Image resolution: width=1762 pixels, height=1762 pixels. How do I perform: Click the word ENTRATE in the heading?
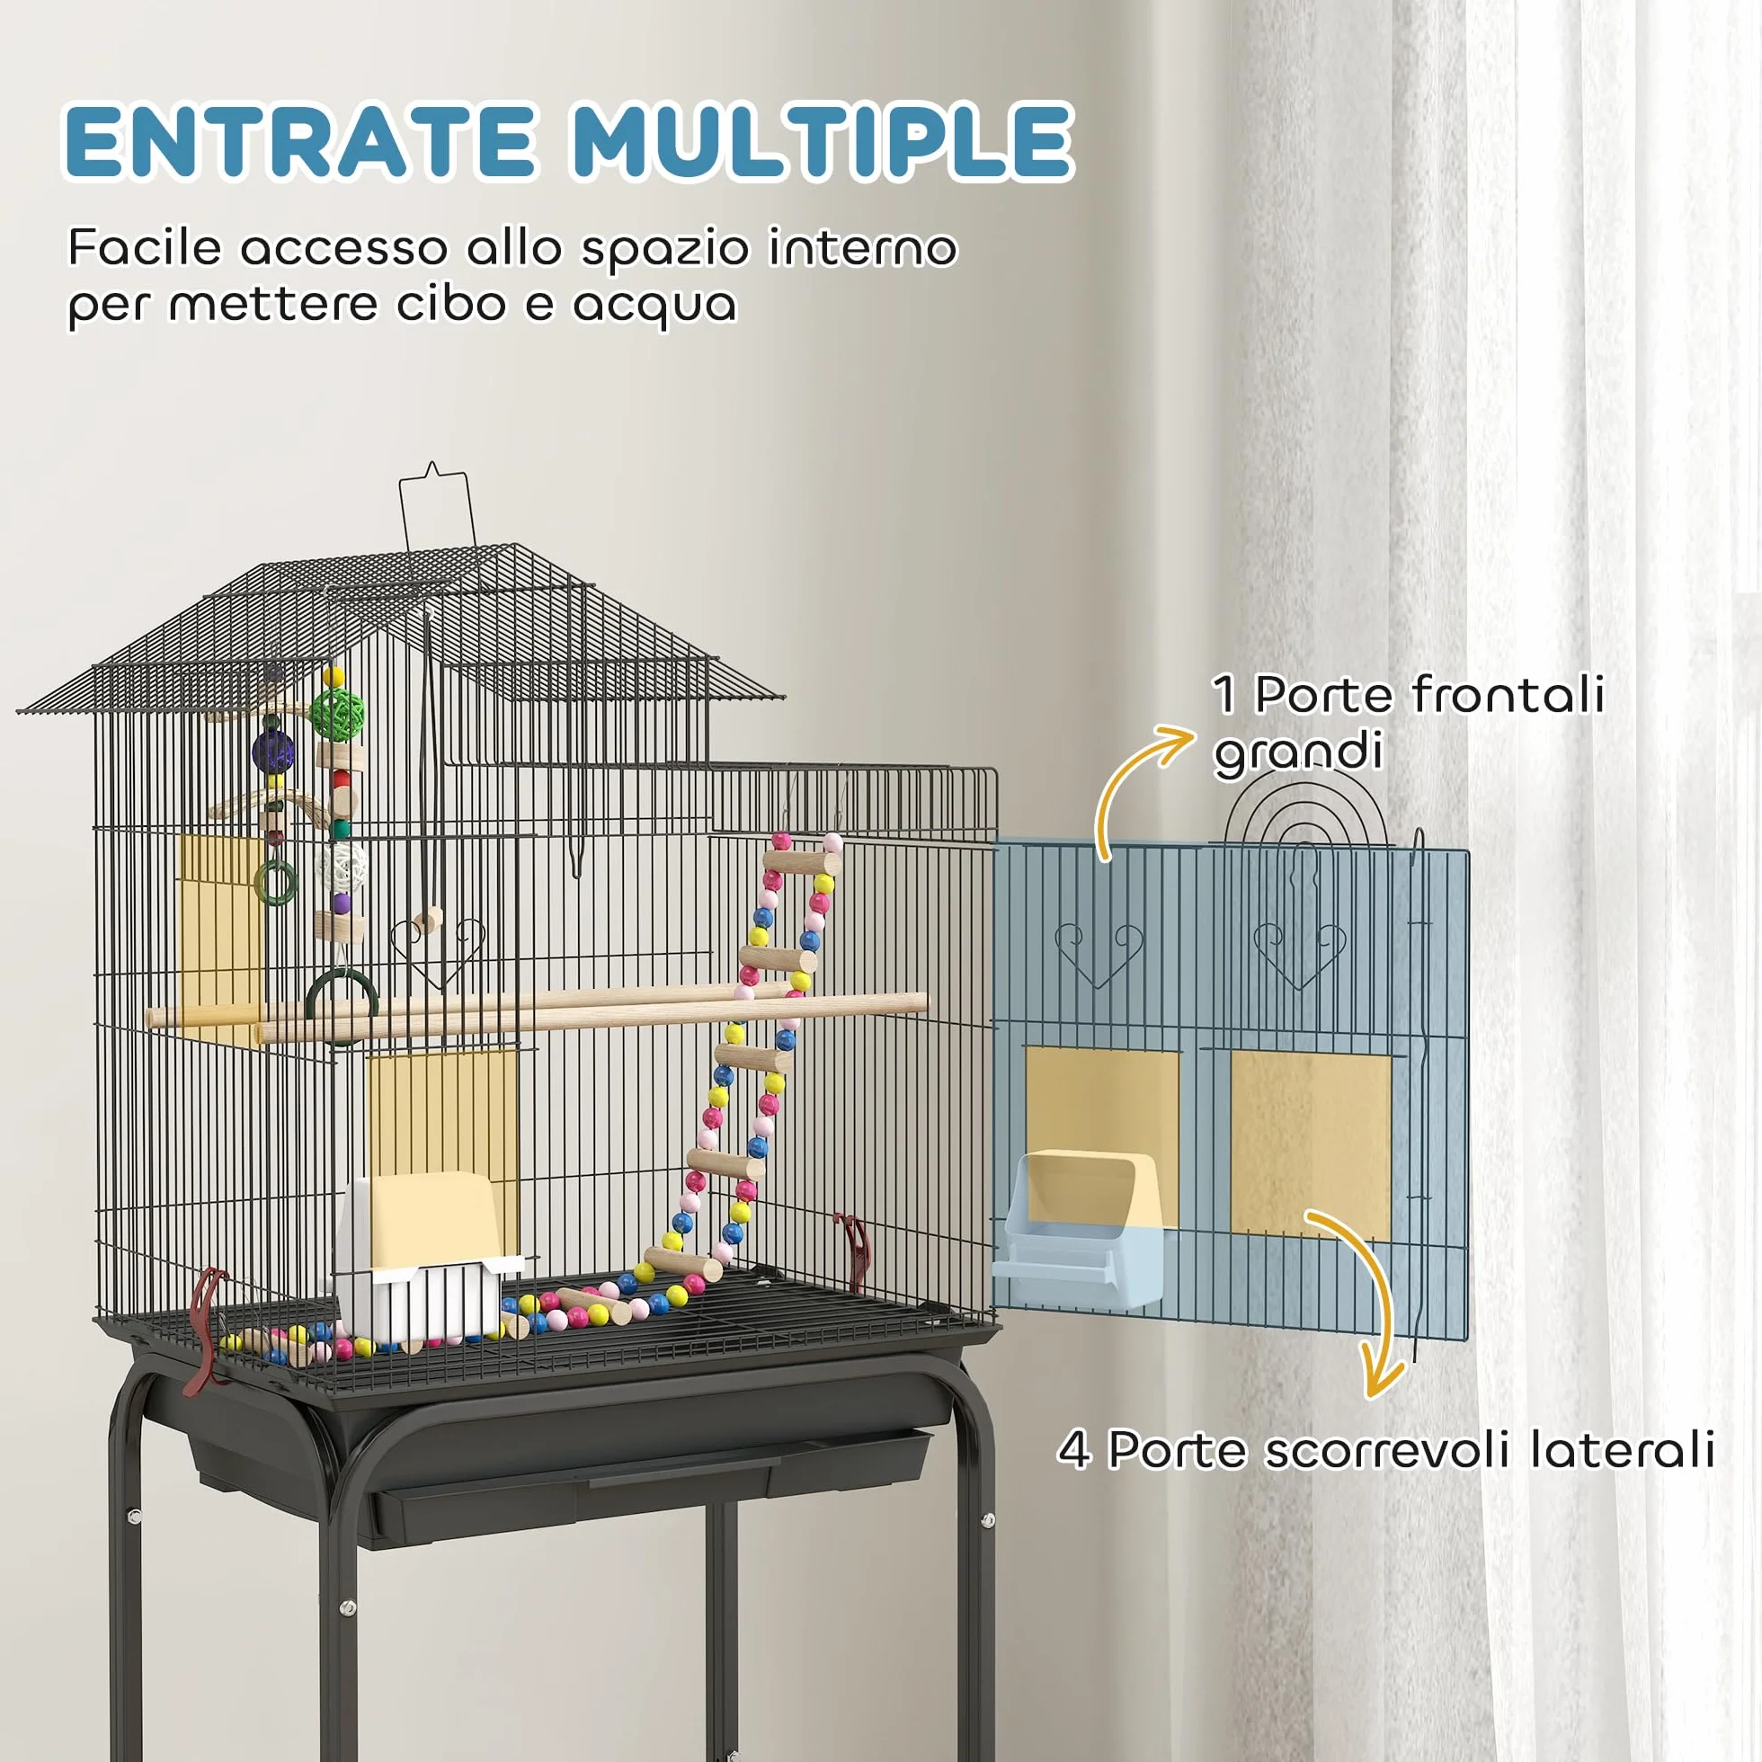pyautogui.click(x=300, y=140)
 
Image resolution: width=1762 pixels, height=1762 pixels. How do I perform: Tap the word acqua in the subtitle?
pyautogui.click(x=654, y=306)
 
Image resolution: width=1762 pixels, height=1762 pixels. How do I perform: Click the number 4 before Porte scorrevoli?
pyautogui.click(x=1074, y=1450)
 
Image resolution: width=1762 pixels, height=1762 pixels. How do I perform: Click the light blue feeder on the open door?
pyautogui.click(x=1076, y=1226)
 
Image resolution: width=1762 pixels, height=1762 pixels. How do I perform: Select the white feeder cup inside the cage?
pyautogui.click(x=425, y=1254)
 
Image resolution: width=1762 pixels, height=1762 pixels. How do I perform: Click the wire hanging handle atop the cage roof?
pyautogui.click(x=436, y=506)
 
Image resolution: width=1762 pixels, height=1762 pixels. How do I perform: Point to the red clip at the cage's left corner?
pyautogui.click(x=206, y=1330)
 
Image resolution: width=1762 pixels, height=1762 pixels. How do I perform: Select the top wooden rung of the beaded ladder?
pyautogui.click(x=802, y=862)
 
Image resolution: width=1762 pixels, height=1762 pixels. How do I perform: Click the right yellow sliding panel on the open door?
pyautogui.click(x=1311, y=1145)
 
